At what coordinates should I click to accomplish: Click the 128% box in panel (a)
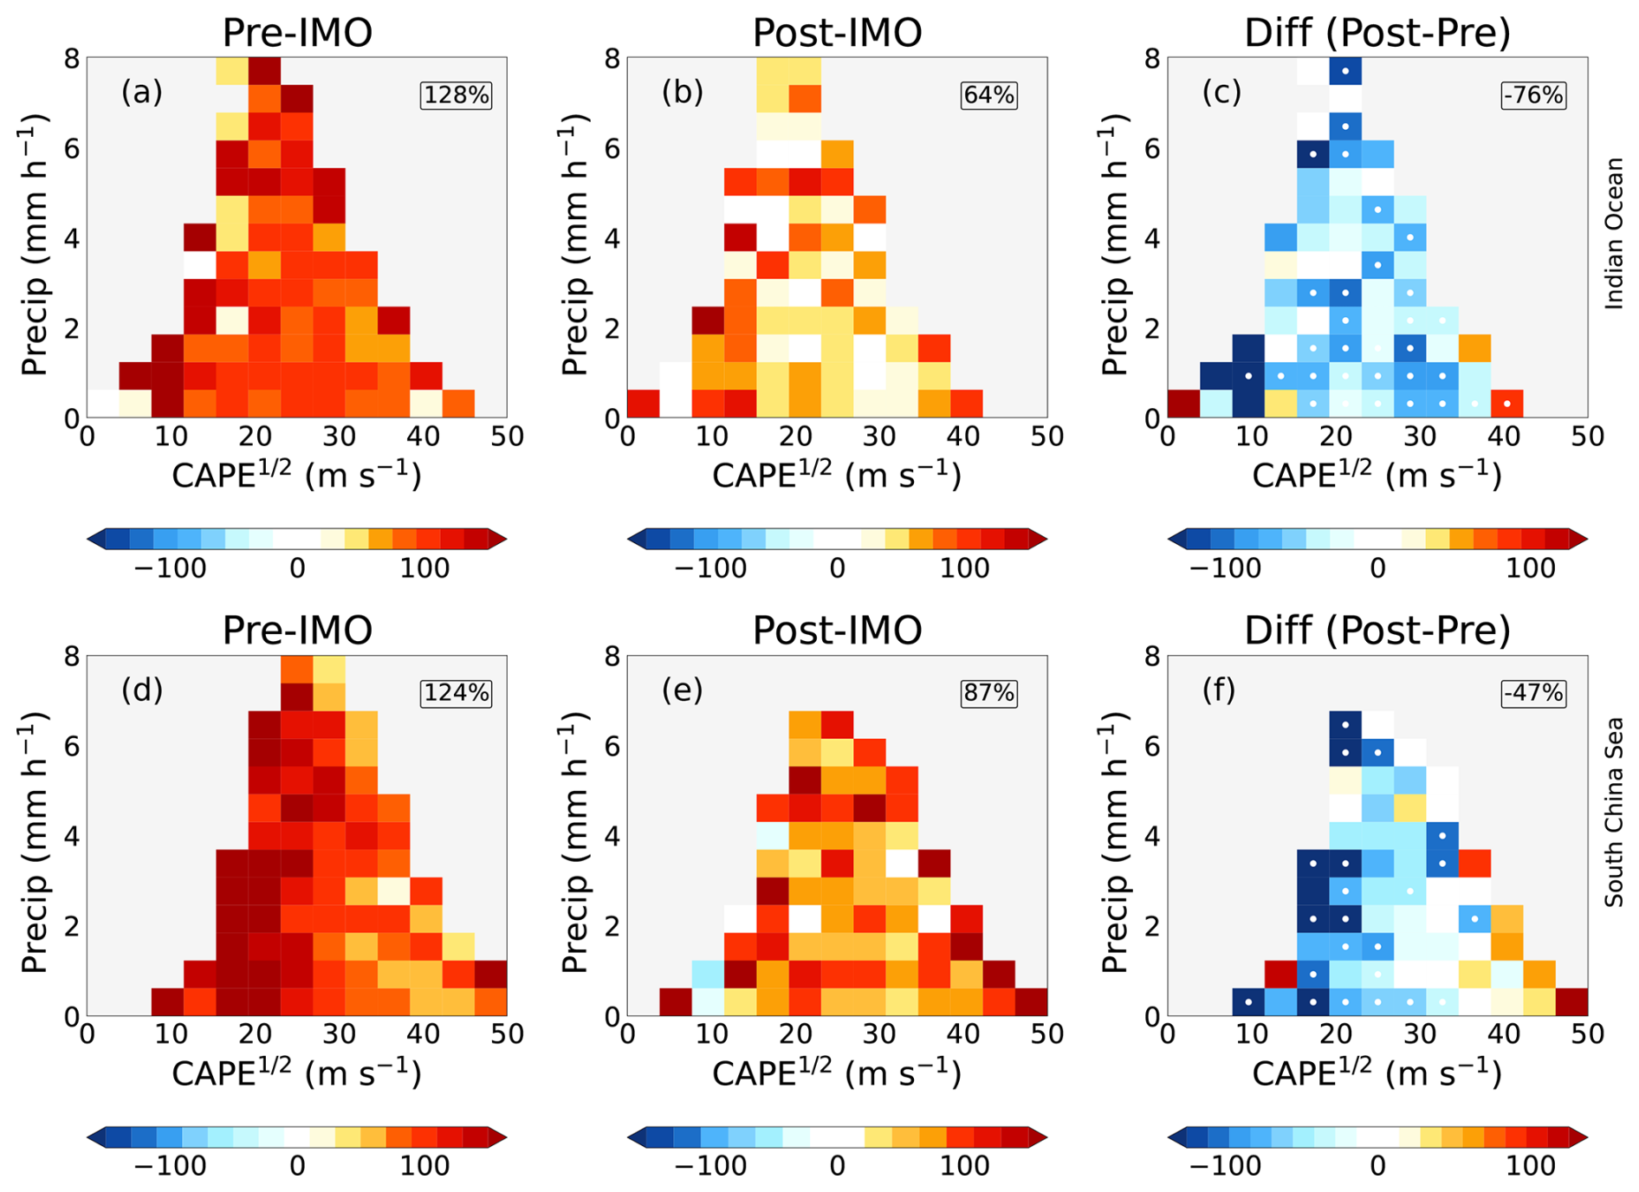457,94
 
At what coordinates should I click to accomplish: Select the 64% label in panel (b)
988,94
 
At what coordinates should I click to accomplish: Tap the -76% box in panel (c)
1533,94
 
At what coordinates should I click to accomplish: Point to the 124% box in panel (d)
457,693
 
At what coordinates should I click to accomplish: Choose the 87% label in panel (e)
988,693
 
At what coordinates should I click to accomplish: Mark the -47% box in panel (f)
1533,693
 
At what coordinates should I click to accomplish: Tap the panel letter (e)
683,690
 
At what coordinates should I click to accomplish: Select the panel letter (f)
1220,690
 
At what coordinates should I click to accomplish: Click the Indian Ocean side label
1614,234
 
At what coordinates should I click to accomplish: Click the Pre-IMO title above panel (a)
297,33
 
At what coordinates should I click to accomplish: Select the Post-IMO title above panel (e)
837,631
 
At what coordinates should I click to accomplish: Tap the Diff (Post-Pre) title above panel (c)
1377,33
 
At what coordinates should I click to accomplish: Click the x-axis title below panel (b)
837,476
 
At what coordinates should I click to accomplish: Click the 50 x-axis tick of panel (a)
507,437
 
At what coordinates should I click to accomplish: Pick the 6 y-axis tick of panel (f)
1152,747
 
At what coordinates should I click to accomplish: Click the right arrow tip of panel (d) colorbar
500,1137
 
